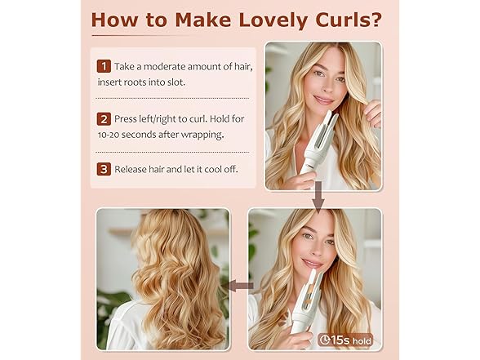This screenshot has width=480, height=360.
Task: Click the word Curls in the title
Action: tap(340, 19)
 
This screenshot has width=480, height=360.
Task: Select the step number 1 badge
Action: tap(104, 66)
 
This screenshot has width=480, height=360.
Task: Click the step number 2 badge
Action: tap(104, 118)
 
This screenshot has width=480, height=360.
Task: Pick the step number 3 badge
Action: tap(104, 170)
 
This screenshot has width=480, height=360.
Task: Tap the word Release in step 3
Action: tap(134, 170)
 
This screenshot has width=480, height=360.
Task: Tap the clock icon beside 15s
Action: tap(325, 337)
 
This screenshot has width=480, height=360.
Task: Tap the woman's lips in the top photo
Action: tap(323, 100)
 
